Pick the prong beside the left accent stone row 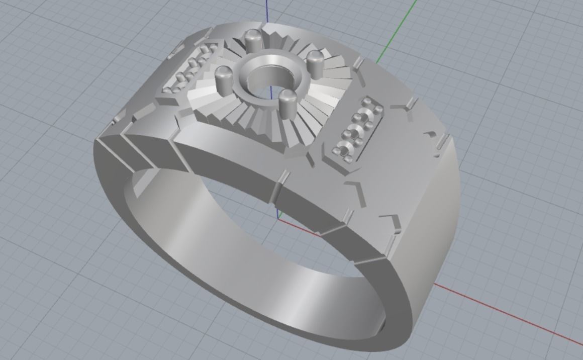pos(224,78)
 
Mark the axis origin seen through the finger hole pos(278,217)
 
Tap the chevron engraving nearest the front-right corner pos(390,222)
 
